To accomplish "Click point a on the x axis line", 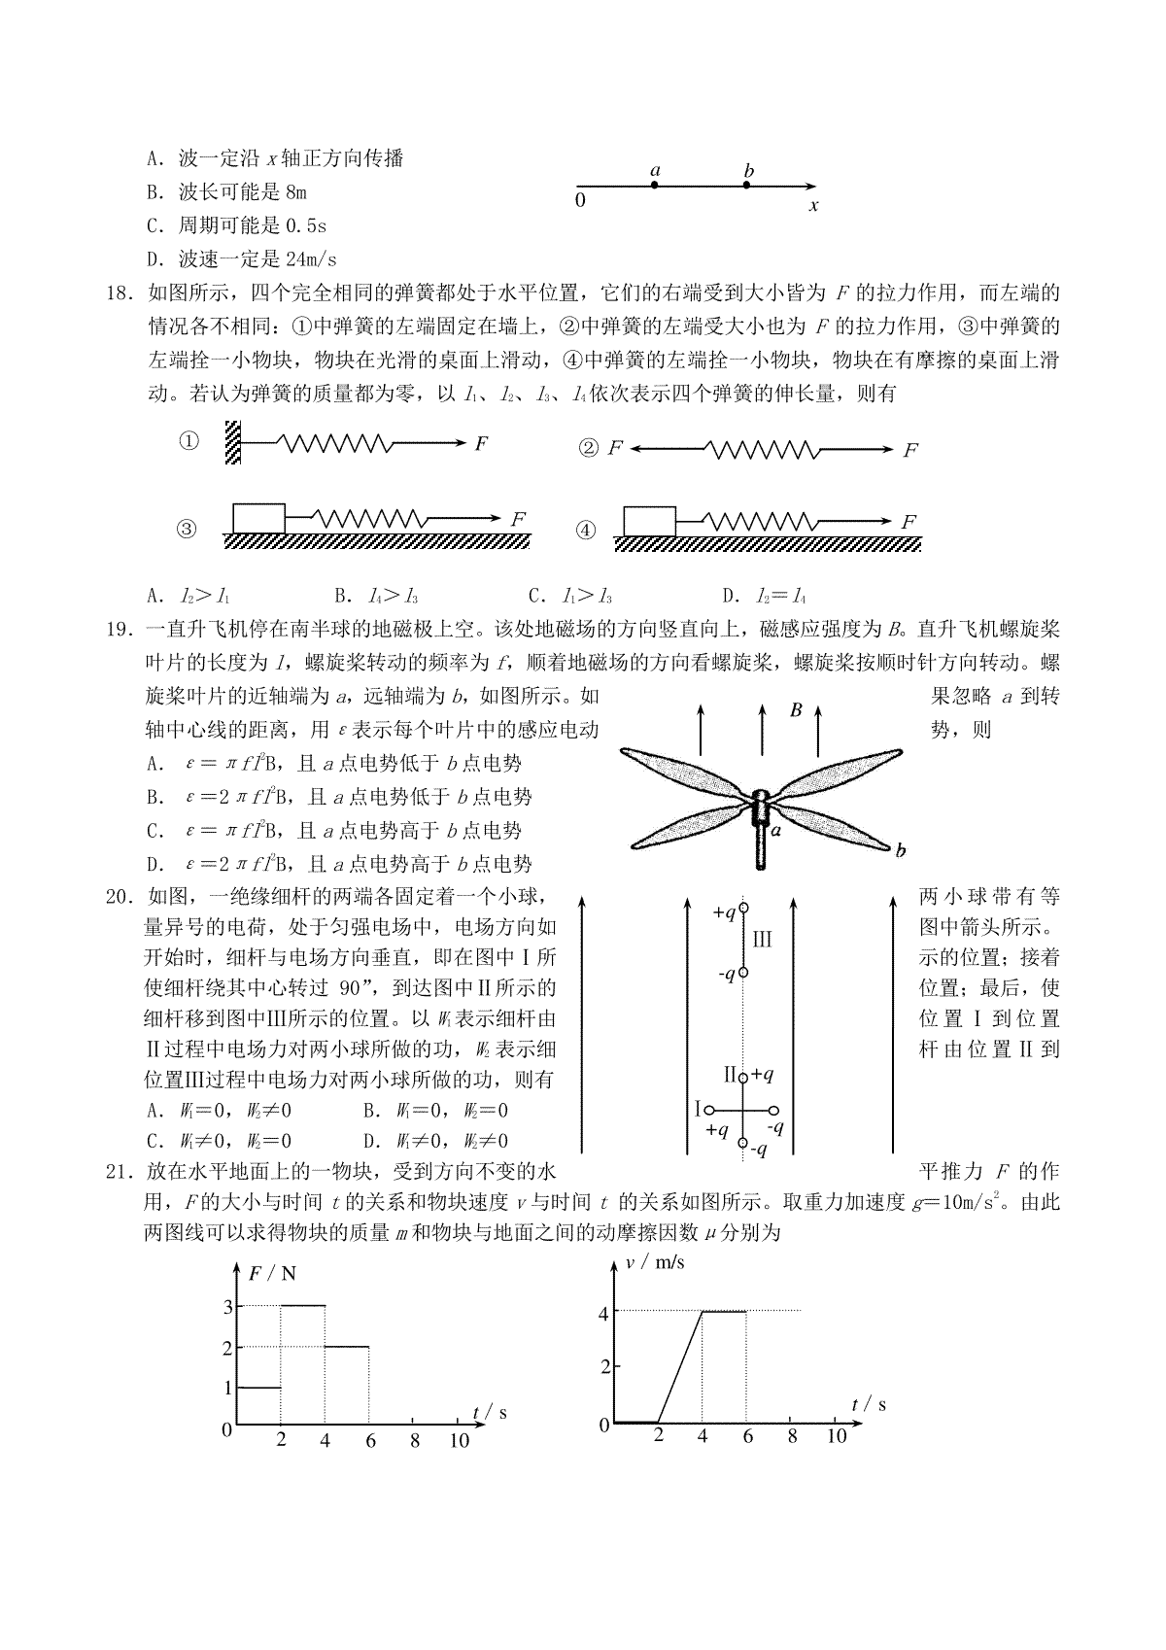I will tap(655, 184).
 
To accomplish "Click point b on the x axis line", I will tap(746, 184).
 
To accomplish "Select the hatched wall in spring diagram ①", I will tap(233, 442).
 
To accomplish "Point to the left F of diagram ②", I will tap(614, 448).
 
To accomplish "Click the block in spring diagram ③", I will tap(258, 518).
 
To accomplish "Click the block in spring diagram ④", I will tap(648, 520).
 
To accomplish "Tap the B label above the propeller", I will tap(795, 710).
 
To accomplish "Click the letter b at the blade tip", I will tap(901, 851).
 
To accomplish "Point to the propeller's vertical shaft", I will tap(761, 844).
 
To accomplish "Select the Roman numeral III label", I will tap(762, 940).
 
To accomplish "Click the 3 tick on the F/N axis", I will tap(227, 1306).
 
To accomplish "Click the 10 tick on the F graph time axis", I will tap(459, 1440).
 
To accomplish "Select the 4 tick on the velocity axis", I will tap(603, 1313).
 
